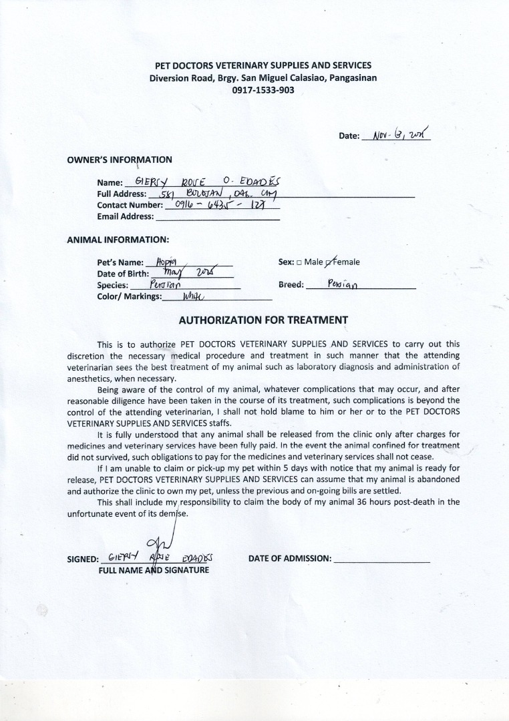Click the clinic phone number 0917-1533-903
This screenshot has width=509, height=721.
(x=263, y=90)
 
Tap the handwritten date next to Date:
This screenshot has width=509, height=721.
(x=396, y=134)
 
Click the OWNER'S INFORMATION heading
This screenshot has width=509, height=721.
(x=120, y=160)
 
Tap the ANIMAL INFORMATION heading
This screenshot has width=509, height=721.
(x=118, y=239)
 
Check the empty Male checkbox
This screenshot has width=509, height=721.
(x=299, y=262)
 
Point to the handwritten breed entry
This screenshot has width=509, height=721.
(x=342, y=284)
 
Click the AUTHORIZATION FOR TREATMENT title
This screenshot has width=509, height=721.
(x=263, y=320)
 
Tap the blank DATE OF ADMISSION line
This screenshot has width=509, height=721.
(x=382, y=559)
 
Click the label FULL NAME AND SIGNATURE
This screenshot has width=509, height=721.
(x=154, y=570)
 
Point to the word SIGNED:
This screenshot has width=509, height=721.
(x=83, y=559)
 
